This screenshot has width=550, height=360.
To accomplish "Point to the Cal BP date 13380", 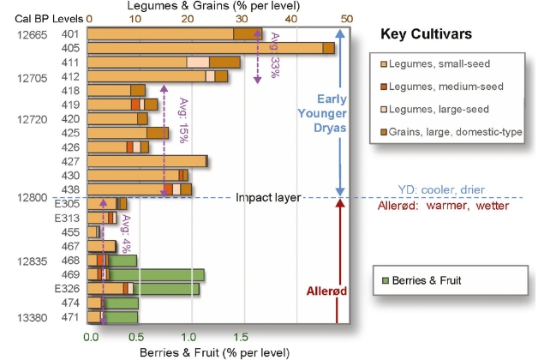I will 30,317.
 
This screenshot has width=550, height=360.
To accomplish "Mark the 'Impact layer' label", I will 268,198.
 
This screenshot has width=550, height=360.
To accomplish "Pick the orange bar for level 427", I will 146,160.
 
